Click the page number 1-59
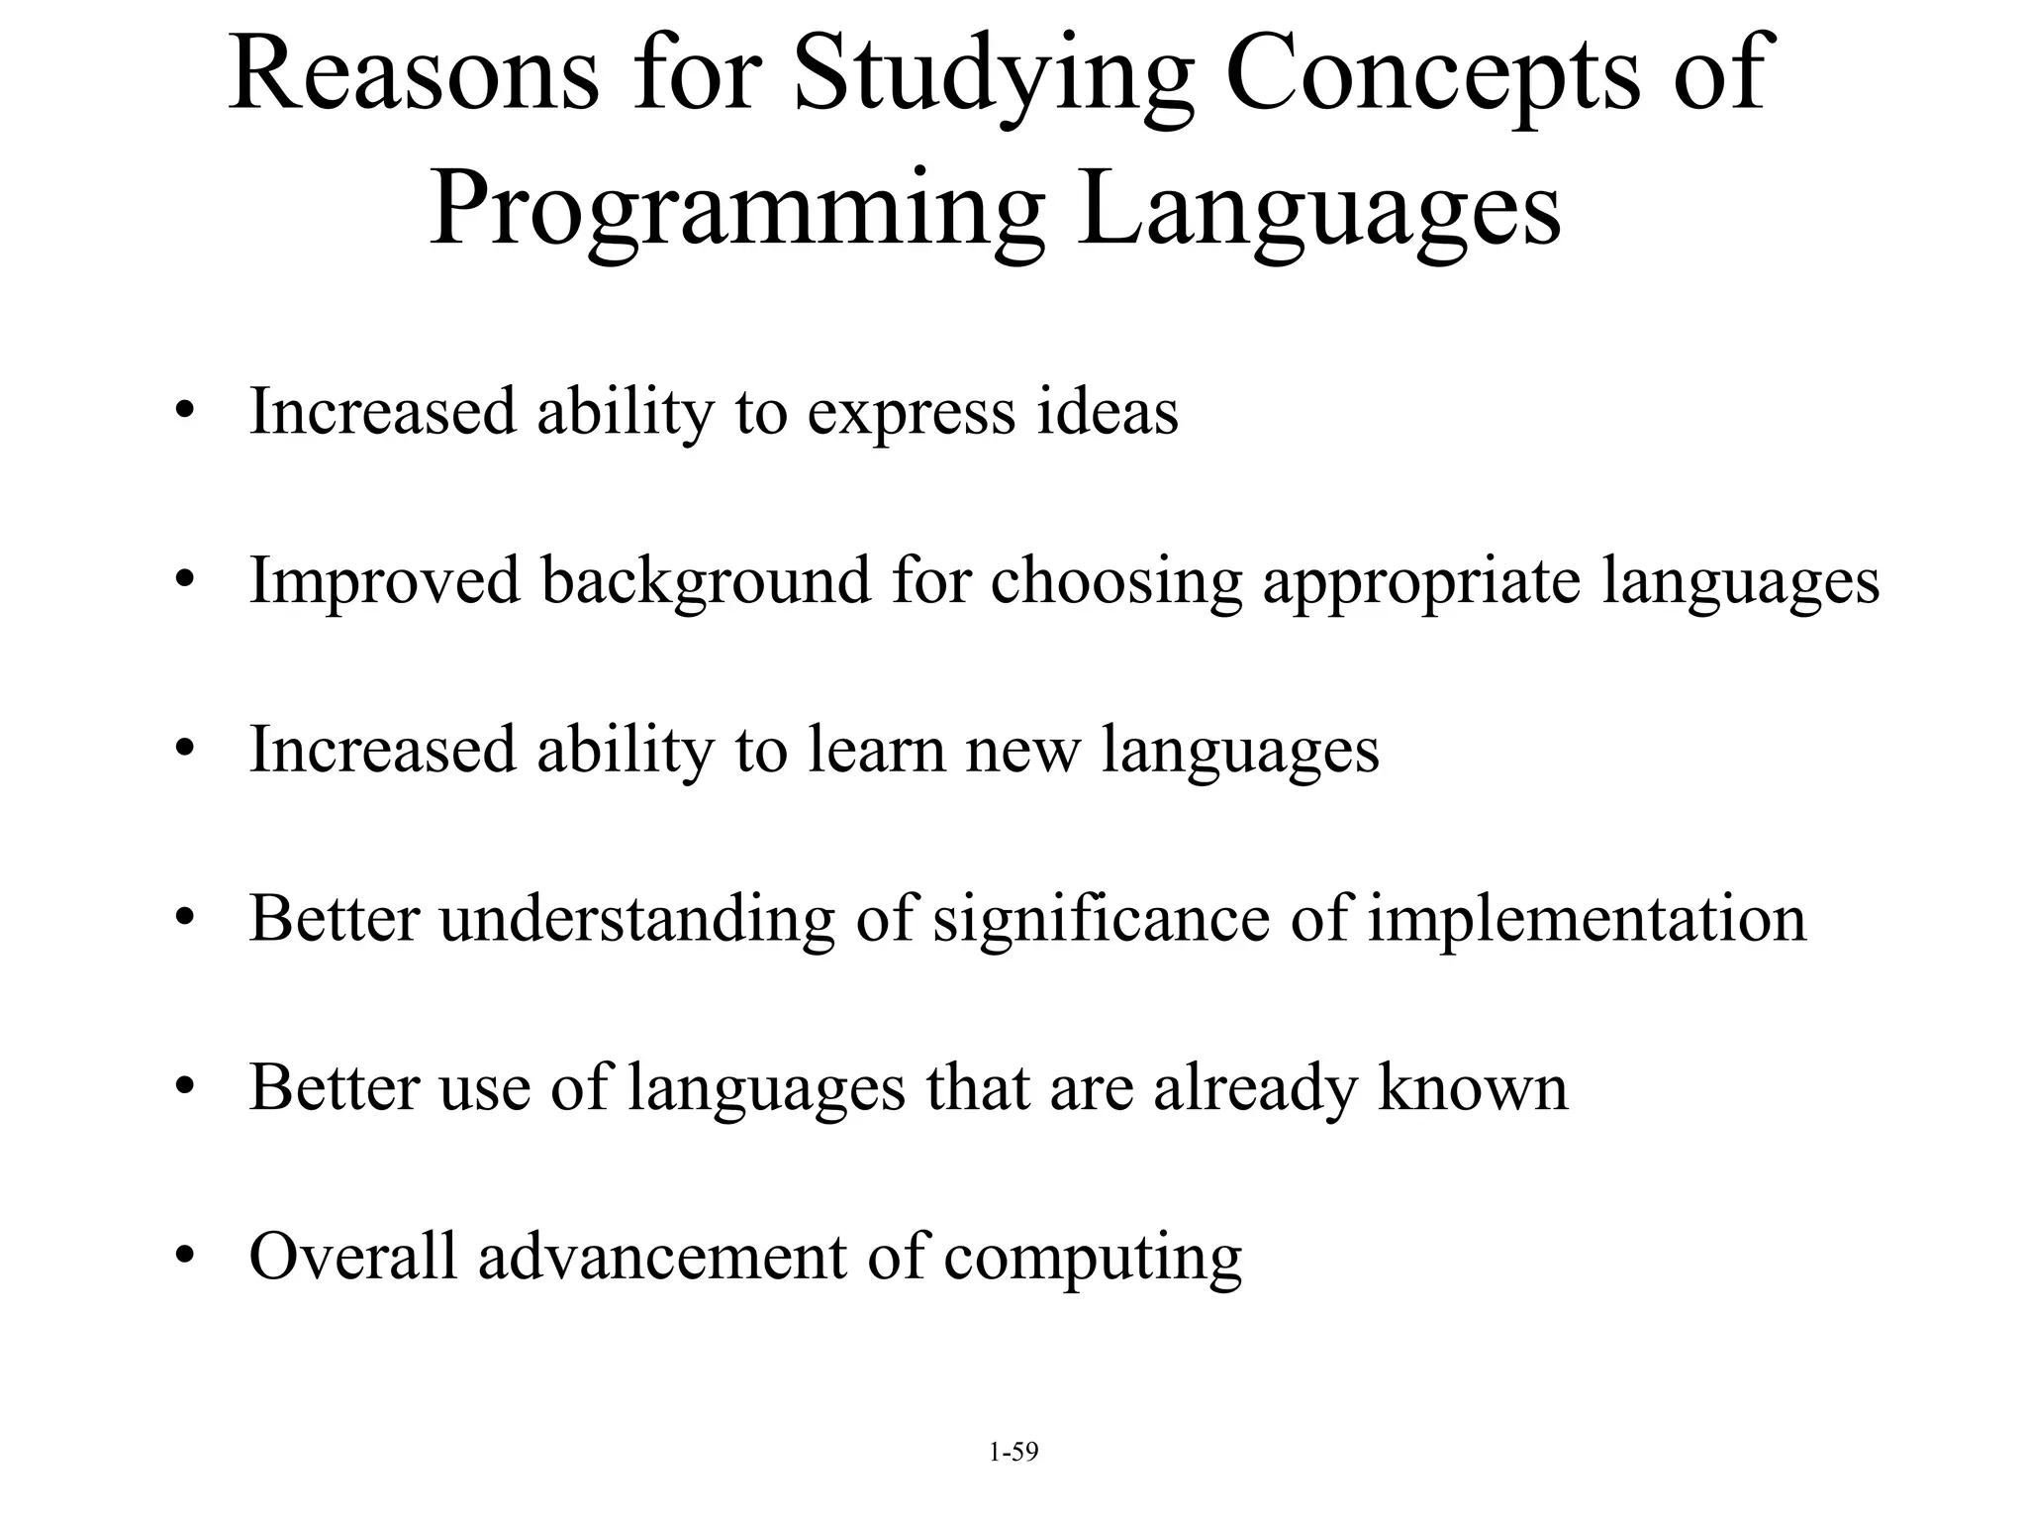click(x=1013, y=1453)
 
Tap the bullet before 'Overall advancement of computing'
click(x=183, y=1258)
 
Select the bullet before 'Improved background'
click(x=183, y=581)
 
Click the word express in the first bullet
click(x=911, y=413)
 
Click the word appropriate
click(x=1421, y=582)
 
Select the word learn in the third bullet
click(x=876, y=750)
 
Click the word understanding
click(x=636, y=920)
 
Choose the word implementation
click(x=1587, y=920)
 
